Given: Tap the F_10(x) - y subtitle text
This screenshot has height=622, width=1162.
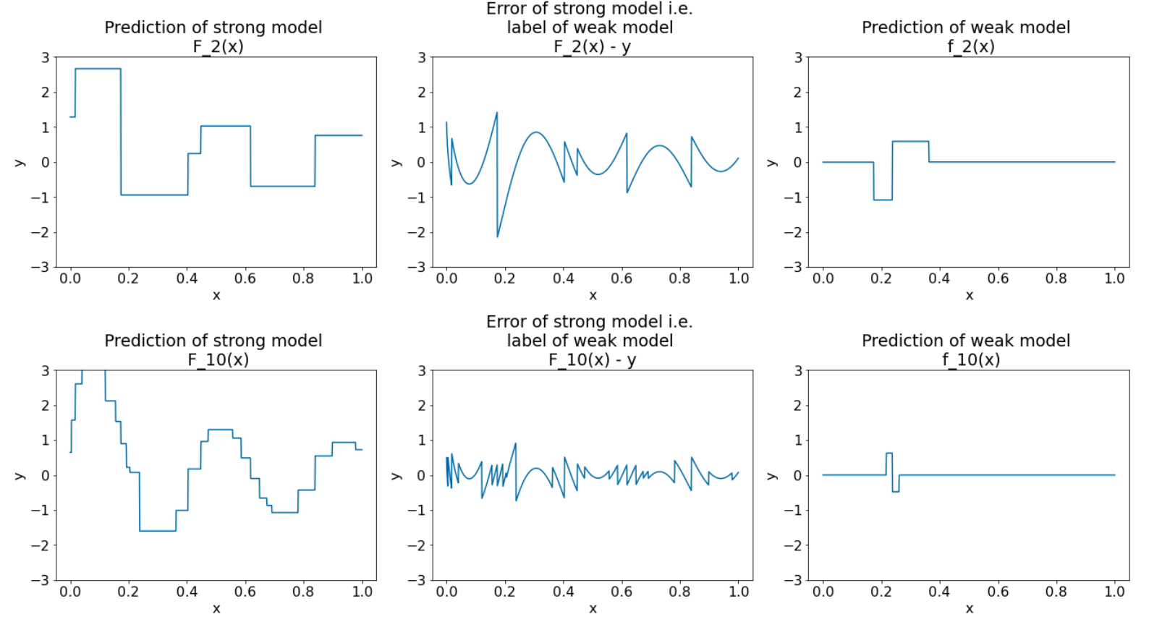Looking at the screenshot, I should point(592,360).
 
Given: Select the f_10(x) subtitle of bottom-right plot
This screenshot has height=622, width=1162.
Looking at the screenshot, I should point(970,360).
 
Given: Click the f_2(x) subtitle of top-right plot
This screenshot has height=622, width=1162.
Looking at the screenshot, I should point(970,47).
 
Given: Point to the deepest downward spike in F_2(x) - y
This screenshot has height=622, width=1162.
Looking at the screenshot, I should point(498,236).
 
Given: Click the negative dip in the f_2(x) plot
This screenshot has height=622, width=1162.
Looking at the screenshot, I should point(883,200).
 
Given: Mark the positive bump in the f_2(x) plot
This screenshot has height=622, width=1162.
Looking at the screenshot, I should point(910,142).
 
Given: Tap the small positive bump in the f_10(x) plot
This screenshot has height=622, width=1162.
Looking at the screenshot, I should point(889,453).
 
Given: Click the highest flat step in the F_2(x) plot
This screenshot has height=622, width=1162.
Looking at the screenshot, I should point(98,69).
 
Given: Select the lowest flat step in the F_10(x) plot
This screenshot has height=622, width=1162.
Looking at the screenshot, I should point(158,531).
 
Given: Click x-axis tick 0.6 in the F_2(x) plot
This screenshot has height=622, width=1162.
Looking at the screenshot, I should point(245,278).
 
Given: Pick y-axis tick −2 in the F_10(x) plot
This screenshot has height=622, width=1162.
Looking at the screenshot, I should point(40,545).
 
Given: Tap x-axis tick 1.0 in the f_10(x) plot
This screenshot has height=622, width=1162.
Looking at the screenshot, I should point(1114,592).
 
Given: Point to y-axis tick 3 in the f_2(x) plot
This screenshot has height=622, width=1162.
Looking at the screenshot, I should point(798,57).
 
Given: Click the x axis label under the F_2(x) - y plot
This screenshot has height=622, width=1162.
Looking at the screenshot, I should point(593,295).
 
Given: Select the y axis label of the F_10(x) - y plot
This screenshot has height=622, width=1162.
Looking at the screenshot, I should point(396,475).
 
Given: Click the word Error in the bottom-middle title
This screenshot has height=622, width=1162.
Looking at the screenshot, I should point(506,322).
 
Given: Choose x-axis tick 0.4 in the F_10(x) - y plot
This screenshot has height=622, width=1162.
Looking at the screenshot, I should point(563,592).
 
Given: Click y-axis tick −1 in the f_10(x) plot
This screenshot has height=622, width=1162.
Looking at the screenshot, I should point(793,511).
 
